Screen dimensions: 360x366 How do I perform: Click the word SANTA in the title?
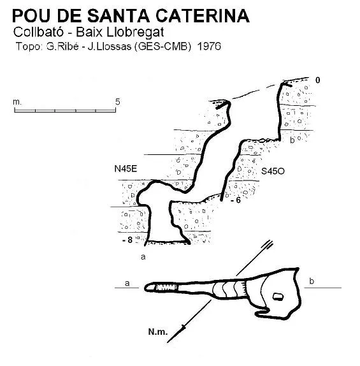coord(119,16)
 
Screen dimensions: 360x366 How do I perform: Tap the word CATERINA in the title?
coord(203,16)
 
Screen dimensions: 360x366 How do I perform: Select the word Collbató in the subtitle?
coord(38,32)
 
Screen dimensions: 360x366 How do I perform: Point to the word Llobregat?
coord(135,33)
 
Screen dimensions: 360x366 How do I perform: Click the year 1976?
coord(209,47)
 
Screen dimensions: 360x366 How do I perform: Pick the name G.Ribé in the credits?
coord(62,47)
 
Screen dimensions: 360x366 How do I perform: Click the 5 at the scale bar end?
coord(118,102)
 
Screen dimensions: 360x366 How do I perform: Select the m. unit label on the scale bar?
coord(17,102)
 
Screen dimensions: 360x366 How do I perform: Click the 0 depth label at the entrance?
coord(318,80)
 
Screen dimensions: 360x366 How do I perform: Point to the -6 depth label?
coord(236,200)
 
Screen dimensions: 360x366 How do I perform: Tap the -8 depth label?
coord(127,240)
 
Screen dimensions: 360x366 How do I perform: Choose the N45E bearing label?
coord(126,168)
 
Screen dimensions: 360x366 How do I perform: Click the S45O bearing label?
coord(273,172)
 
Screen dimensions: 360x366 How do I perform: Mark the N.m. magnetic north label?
coord(158,332)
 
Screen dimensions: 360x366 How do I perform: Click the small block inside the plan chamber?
coord(278,296)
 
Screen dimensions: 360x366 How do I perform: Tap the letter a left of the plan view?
coord(127,283)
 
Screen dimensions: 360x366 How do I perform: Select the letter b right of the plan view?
coord(312,281)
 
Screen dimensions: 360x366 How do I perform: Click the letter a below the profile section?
coord(143,257)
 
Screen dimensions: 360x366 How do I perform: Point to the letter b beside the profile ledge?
coord(292,140)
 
